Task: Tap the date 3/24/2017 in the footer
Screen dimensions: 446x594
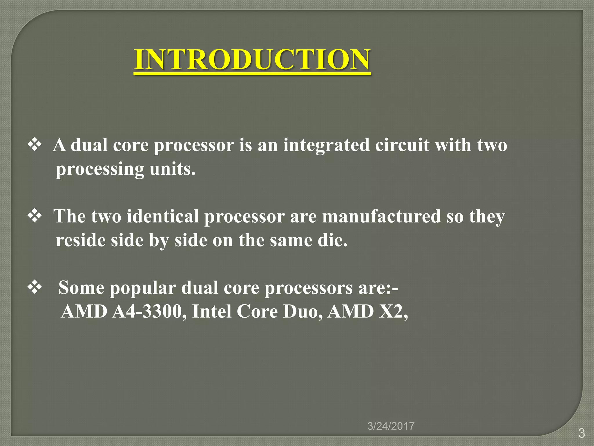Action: pyautogui.click(x=391, y=426)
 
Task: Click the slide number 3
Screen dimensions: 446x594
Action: pyautogui.click(x=581, y=433)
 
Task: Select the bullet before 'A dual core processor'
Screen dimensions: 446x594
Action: pyautogui.click(x=35, y=145)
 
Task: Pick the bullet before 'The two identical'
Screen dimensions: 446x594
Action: pyautogui.click(x=35, y=216)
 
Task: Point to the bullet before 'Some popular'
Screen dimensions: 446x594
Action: pyautogui.click(x=35, y=288)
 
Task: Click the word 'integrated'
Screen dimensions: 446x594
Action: pyautogui.click(x=326, y=145)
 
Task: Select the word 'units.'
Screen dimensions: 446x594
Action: pyautogui.click(x=173, y=169)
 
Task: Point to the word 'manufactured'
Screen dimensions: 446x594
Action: pyautogui.click(x=381, y=217)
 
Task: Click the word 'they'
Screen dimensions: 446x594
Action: pyautogui.click(x=487, y=217)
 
